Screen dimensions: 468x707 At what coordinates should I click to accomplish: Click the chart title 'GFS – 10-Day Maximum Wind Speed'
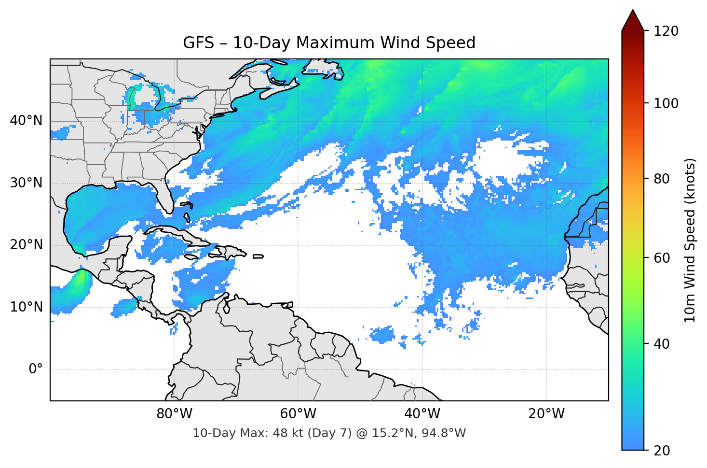(329, 43)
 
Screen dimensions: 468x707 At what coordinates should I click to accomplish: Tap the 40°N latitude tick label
(26, 121)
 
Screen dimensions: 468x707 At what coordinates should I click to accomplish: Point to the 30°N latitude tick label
(26, 183)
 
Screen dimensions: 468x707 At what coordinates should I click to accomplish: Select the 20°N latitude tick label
(26, 245)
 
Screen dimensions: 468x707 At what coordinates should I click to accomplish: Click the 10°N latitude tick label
(26, 307)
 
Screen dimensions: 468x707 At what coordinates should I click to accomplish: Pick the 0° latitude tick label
(35, 369)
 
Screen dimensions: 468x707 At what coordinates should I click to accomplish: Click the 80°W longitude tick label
(174, 414)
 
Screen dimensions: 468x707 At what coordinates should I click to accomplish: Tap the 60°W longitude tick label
(298, 414)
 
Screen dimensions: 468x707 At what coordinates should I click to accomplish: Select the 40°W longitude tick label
(422, 414)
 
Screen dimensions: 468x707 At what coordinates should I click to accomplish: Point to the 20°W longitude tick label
(546, 414)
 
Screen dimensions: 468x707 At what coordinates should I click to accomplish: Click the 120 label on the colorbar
(666, 31)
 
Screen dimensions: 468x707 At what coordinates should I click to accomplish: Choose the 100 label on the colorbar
(666, 103)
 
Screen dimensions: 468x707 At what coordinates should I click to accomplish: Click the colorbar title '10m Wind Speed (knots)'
(690, 241)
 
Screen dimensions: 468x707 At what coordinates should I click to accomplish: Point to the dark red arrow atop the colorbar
(633, 21)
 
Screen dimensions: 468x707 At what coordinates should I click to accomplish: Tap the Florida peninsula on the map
(165, 196)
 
